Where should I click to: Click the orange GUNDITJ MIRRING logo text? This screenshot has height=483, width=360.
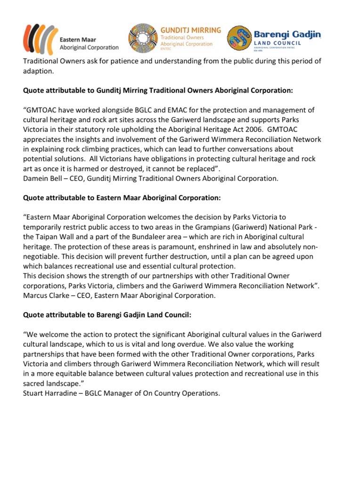(191, 29)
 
